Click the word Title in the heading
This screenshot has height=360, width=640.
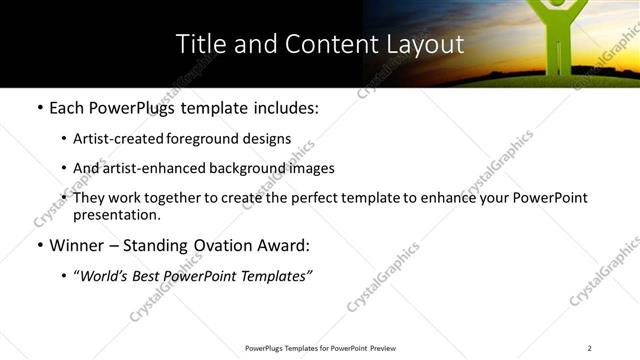[198, 45]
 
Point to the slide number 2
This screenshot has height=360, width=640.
[590, 348]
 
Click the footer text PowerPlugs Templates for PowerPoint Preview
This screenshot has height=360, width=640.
[319, 348]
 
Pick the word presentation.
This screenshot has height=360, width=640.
[116, 215]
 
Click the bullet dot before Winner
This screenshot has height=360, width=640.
[38, 246]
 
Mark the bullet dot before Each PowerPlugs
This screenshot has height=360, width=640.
[38, 108]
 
